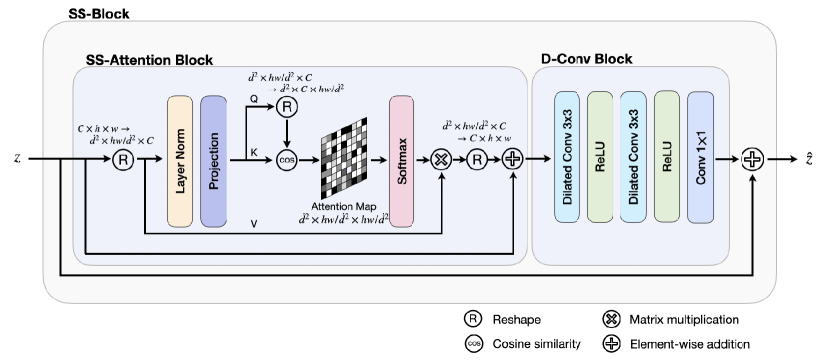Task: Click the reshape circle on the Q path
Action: click(287, 107)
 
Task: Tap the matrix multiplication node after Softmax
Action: click(442, 159)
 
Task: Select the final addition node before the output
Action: click(751, 159)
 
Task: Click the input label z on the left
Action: click(17, 158)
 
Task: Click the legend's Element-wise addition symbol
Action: click(609, 343)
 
